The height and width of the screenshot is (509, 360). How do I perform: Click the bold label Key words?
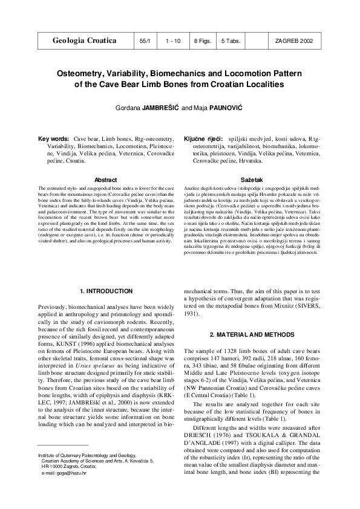53,138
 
